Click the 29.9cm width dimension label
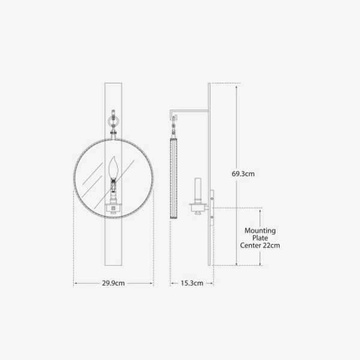(113, 283)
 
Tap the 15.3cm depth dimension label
(192, 283)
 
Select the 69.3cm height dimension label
(243, 174)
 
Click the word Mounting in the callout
(260, 230)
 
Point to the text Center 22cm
(260, 245)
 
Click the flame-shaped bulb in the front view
(113, 167)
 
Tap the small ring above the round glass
(113, 121)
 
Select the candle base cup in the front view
(113, 208)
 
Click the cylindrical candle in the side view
(197, 190)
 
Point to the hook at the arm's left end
(173, 115)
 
